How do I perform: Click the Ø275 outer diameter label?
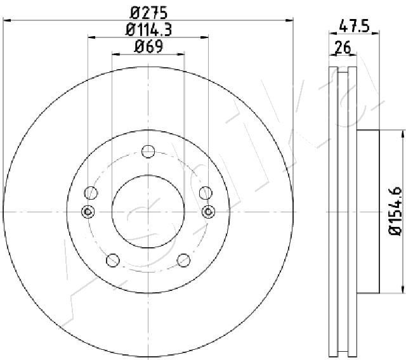(148, 13)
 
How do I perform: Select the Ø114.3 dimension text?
(148, 30)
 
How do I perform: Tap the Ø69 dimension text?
(148, 46)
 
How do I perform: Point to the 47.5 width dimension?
(354, 26)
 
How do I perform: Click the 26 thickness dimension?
(343, 47)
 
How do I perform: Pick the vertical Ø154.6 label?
(395, 211)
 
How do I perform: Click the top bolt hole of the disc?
(148, 151)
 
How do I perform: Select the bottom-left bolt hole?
(113, 260)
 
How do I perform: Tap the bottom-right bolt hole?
(183, 260)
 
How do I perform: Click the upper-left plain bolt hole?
(91, 193)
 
